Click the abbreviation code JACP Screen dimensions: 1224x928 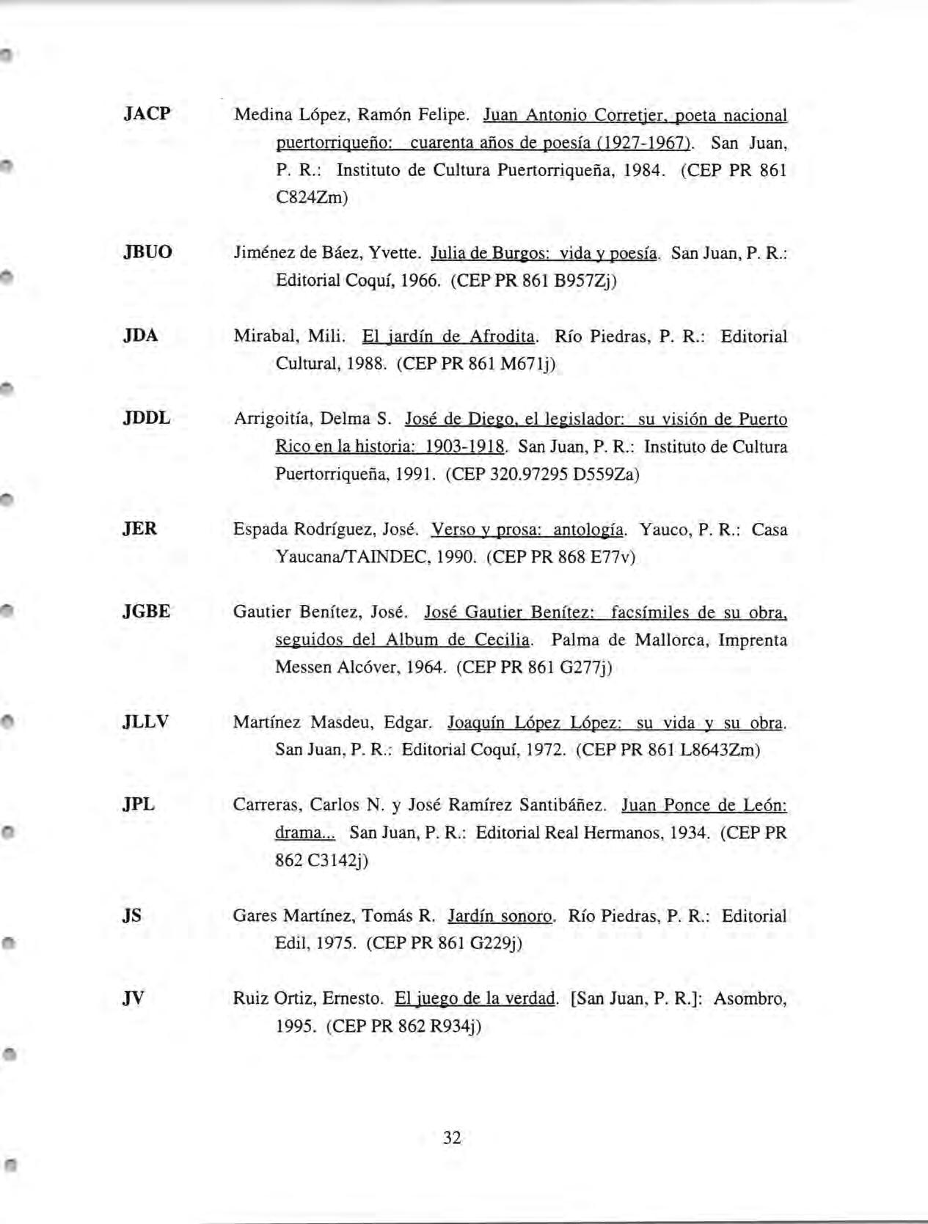click(147, 114)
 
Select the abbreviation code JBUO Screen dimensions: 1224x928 click(147, 252)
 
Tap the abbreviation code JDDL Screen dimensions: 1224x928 click(147, 418)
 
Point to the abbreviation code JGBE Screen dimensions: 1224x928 click(147, 611)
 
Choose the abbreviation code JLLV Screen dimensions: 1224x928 click(146, 722)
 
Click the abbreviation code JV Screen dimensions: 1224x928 click(134, 997)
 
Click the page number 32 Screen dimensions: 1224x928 click(453, 1137)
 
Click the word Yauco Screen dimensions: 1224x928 click(662, 529)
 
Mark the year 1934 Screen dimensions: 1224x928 click(690, 833)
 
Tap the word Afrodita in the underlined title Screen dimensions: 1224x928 click(503, 337)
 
